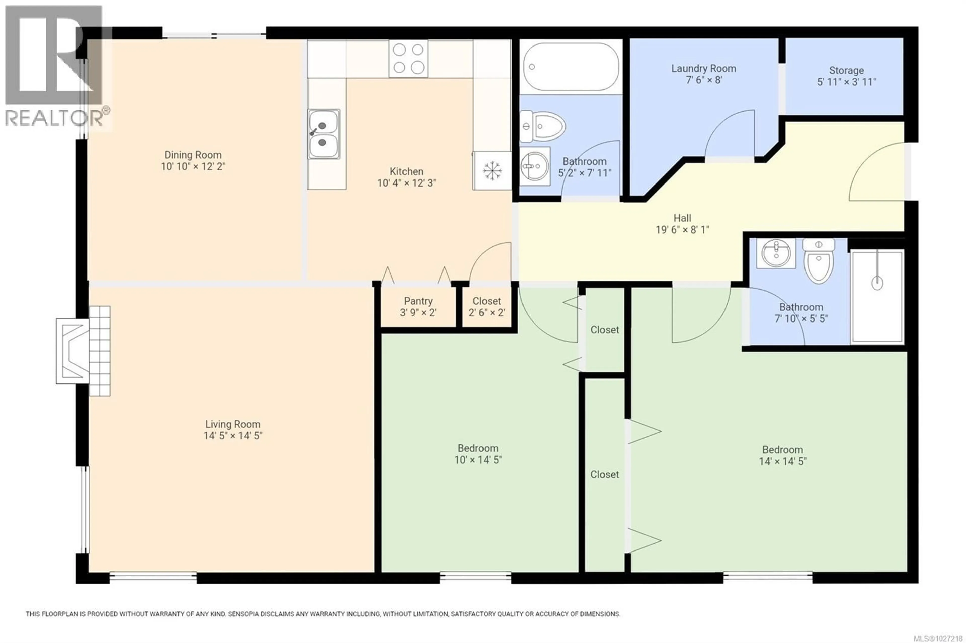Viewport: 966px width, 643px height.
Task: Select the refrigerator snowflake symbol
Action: tap(492, 171)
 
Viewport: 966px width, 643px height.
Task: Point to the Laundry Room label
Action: tap(703, 68)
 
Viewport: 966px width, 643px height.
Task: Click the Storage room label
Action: tap(846, 71)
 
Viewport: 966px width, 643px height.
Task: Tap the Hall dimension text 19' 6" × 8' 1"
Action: tap(682, 230)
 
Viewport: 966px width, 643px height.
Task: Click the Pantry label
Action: tap(418, 301)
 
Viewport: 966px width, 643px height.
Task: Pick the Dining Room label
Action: tap(193, 155)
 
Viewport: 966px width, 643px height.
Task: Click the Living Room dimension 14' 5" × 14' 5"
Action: tap(233, 436)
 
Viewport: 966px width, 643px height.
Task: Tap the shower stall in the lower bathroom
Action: tap(877, 296)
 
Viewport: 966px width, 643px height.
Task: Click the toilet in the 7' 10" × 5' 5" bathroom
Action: tap(818, 262)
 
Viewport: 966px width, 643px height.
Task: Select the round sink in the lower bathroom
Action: tap(776, 253)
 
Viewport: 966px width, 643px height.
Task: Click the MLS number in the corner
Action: tap(937, 638)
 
